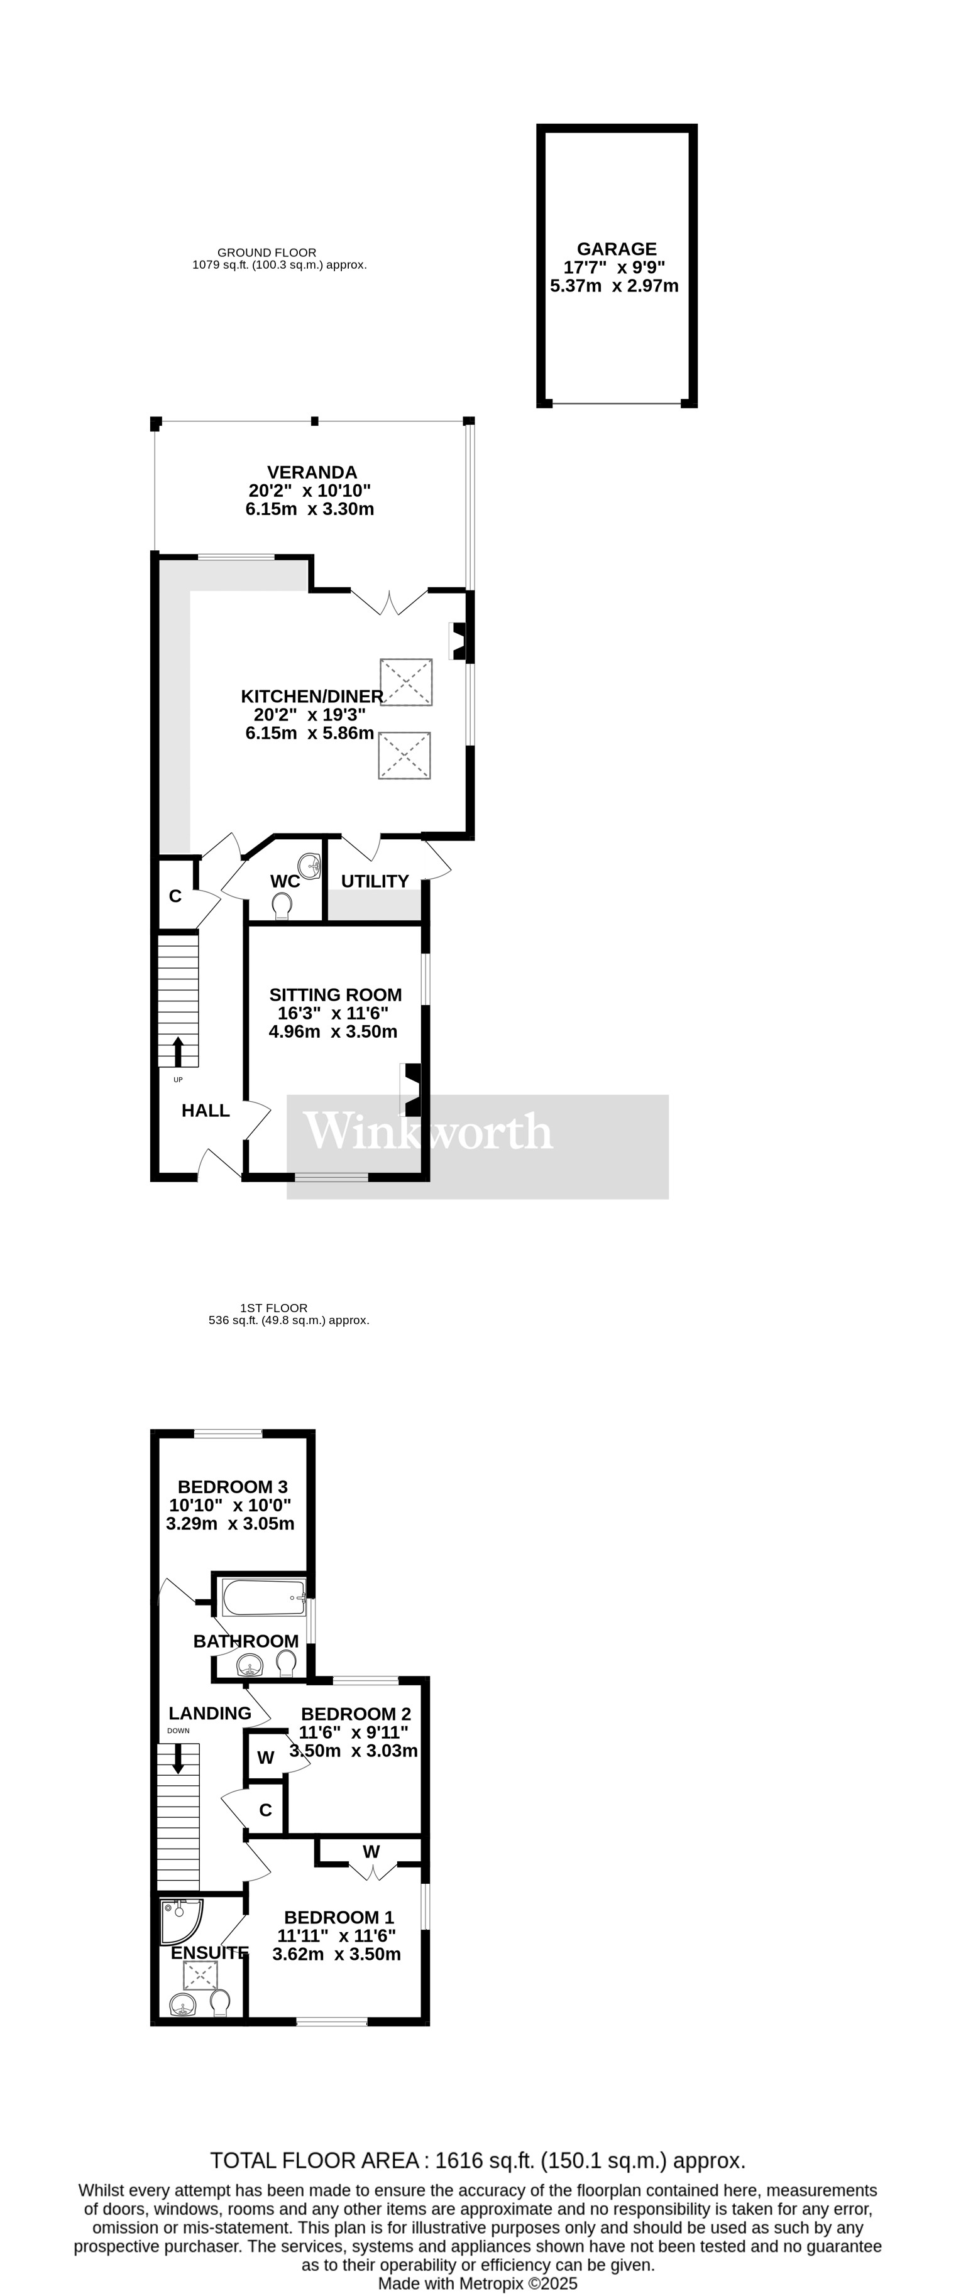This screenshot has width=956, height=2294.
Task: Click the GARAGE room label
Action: (x=617, y=249)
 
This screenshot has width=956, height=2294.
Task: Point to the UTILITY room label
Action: (x=375, y=881)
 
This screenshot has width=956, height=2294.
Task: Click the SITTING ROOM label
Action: (x=335, y=995)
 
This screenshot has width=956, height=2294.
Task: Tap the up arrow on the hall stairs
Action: (x=179, y=1051)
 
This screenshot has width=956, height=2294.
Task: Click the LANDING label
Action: (x=211, y=1712)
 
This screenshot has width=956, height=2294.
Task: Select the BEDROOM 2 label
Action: (x=356, y=1714)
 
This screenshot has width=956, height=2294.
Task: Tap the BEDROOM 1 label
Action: (x=339, y=1917)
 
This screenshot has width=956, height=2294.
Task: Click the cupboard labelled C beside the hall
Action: (x=175, y=896)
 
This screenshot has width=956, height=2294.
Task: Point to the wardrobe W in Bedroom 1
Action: (x=371, y=1851)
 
